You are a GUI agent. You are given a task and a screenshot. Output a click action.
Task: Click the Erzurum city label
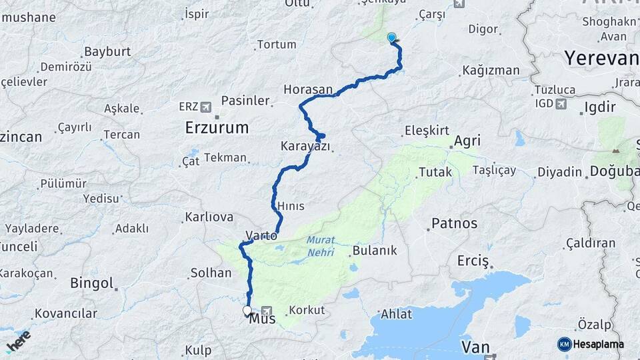coord(217,127)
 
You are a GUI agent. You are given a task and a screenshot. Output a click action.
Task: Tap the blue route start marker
coord(391,38)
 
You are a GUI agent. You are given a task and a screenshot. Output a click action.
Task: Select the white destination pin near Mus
coord(247,311)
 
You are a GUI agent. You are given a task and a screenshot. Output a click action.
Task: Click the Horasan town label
coord(307,89)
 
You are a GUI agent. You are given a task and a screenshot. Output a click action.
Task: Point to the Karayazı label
coord(305,146)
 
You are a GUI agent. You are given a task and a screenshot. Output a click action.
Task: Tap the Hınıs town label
coord(294,206)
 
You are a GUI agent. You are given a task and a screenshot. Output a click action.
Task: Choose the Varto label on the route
coord(261,235)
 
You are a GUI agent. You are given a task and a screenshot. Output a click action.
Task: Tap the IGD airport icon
coord(561,103)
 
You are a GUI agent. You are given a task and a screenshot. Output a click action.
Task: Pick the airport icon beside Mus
coord(268,311)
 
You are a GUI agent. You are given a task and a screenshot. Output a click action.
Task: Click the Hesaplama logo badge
coord(591,344)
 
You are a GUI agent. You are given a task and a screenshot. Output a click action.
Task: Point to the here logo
coord(18,340)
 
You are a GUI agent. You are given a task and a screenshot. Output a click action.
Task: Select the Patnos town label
coord(455,223)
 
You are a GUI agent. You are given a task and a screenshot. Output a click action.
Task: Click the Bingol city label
coord(91,283)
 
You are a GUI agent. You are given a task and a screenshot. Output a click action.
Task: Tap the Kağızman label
coord(491,70)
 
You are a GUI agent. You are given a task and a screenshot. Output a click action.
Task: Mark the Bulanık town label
coord(374,251)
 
